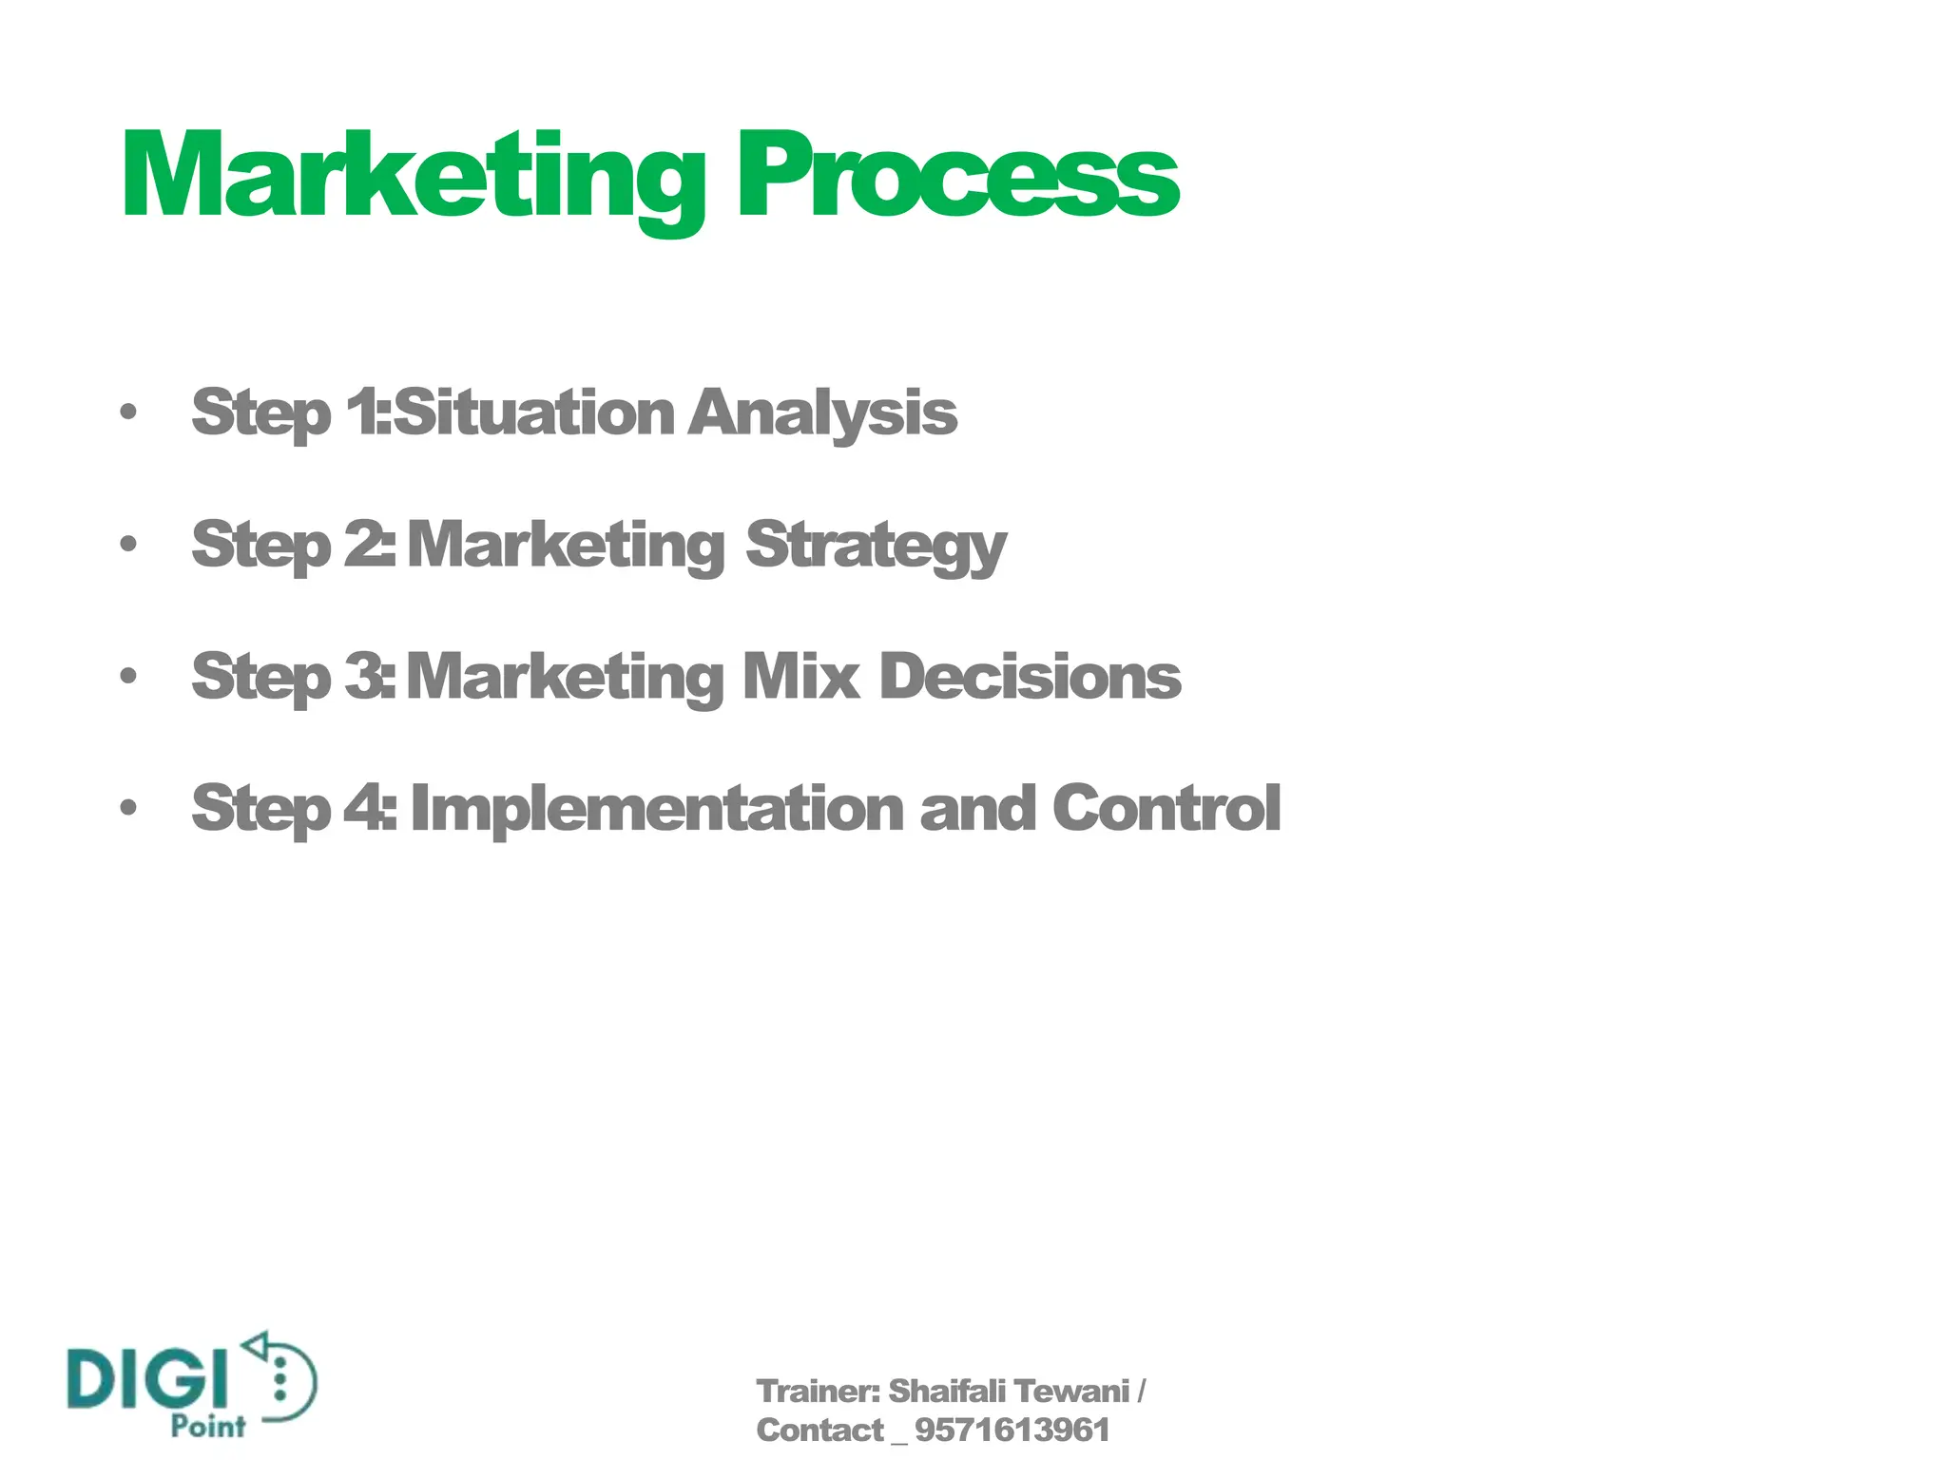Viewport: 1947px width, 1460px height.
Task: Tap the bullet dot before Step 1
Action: pyautogui.click(x=128, y=413)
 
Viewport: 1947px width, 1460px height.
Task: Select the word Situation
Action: pyautogui.click(x=533, y=413)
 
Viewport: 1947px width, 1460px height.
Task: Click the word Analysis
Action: pyautogui.click(x=822, y=414)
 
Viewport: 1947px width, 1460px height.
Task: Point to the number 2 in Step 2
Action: pyautogui.click(x=362, y=545)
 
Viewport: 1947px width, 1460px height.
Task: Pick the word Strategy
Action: pyautogui.click(x=876, y=547)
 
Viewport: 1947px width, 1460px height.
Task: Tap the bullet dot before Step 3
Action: pyautogui.click(x=128, y=676)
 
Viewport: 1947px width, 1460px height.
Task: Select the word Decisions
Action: pyautogui.click(x=1030, y=676)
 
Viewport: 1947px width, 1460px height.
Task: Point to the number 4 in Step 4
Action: pyautogui.click(x=362, y=808)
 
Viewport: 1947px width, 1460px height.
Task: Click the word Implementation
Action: pyautogui.click(x=657, y=810)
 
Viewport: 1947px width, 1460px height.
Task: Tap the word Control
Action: pyautogui.click(x=1166, y=808)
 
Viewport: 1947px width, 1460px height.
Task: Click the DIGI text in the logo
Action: pyautogui.click(x=148, y=1378)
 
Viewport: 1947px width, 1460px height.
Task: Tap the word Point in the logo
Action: pyautogui.click(x=208, y=1426)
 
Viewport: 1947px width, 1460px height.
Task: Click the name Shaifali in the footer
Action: pyautogui.click(x=947, y=1392)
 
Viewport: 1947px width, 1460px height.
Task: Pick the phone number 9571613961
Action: pyautogui.click(x=1012, y=1431)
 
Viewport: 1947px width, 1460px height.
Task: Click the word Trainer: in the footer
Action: pyautogui.click(x=819, y=1392)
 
